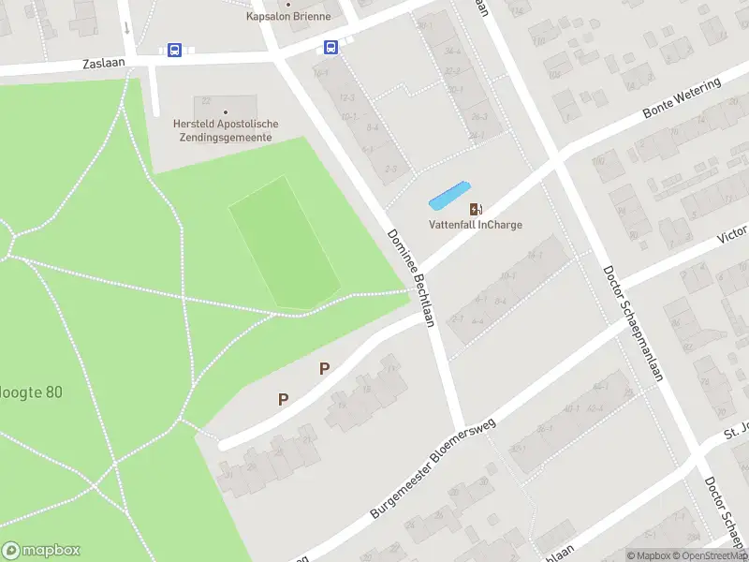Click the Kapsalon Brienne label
tap(288, 17)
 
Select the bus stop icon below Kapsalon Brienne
tap(330, 47)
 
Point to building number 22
tap(207, 100)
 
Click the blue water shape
tap(448, 195)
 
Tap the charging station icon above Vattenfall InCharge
tap(476, 208)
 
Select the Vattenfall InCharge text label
tap(476, 225)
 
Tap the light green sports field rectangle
tap(284, 241)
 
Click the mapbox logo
tap(40, 551)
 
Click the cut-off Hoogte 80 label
tap(31, 392)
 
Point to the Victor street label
tap(731, 233)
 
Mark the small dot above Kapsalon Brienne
tap(288, 3)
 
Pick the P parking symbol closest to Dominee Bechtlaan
tap(324, 368)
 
